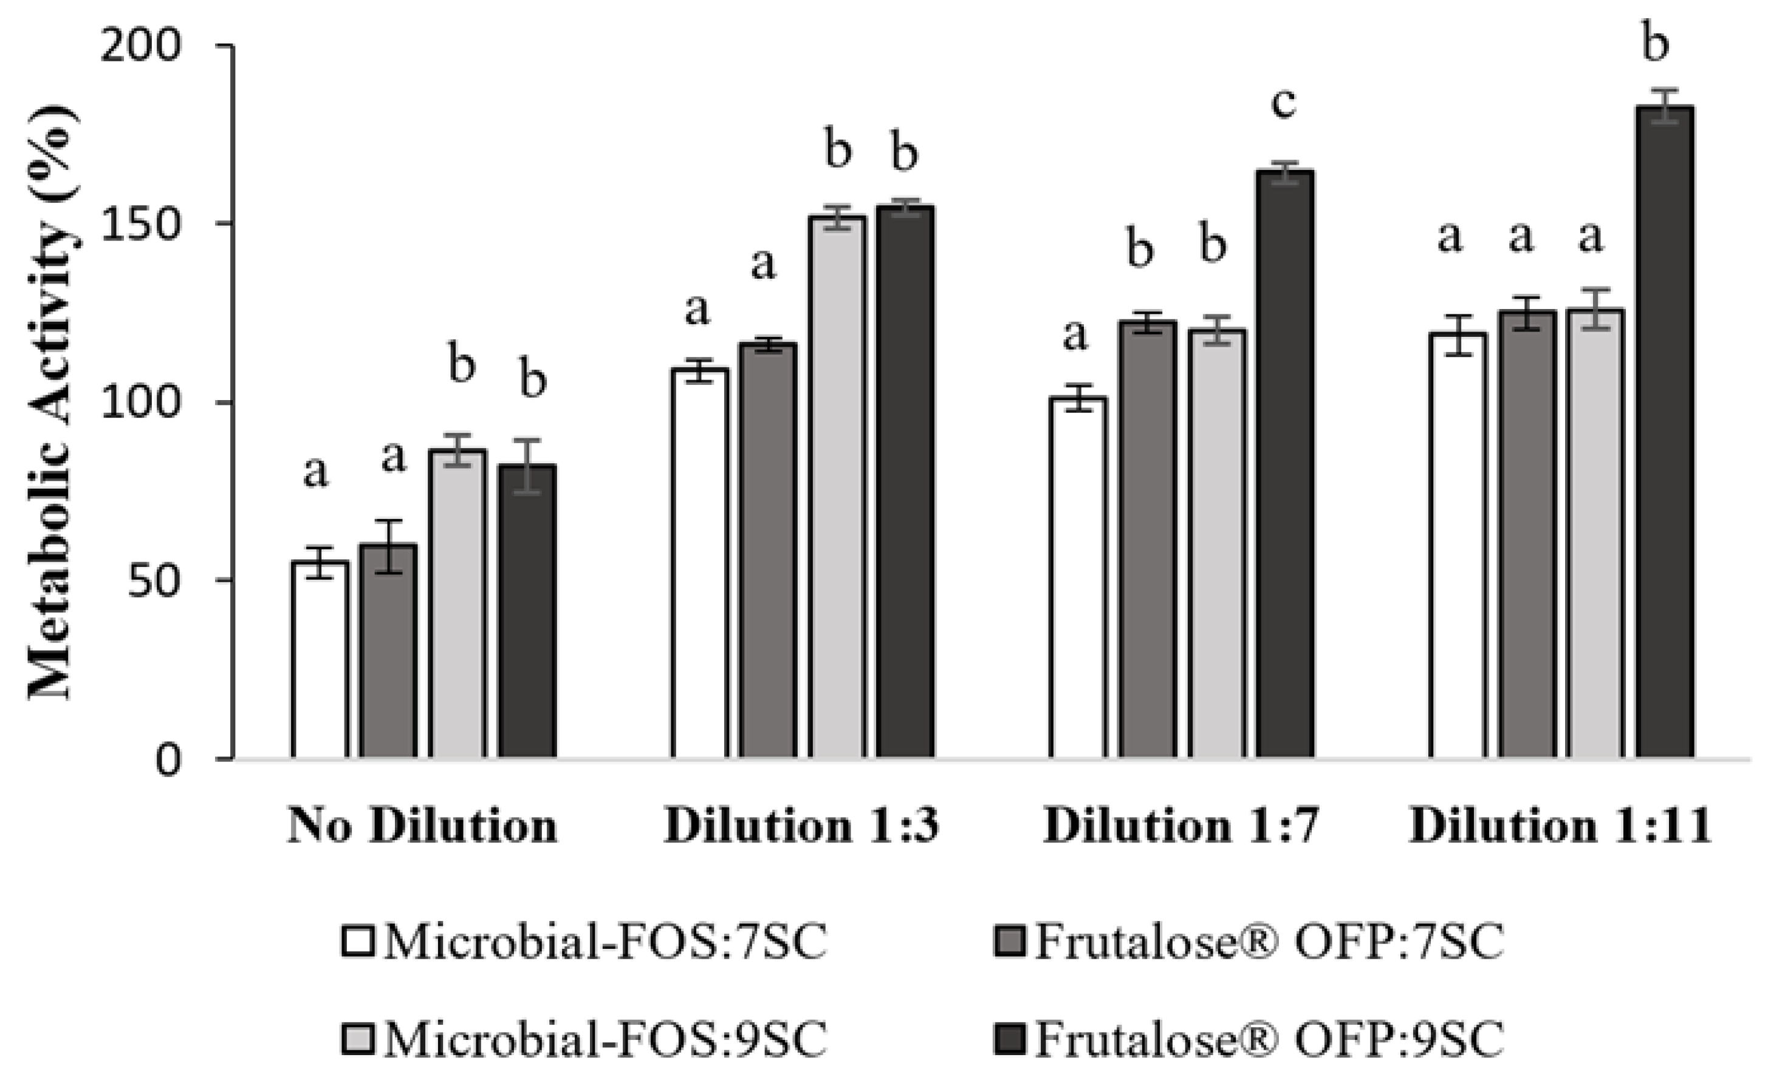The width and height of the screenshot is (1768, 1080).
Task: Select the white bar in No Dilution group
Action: [x=320, y=660]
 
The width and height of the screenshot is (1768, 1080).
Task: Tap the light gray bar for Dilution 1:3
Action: [x=837, y=487]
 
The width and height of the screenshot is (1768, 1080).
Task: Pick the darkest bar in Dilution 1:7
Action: [x=1285, y=466]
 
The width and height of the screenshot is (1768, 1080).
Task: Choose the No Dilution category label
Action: [x=423, y=827]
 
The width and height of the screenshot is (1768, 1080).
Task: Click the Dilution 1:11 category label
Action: [x=1561, y=827]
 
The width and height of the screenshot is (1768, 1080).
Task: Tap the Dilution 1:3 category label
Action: [x=801, y=827]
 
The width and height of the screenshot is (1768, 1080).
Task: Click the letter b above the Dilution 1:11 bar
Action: [x=1656, y=44]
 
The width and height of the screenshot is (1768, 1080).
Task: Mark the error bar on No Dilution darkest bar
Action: [x=527, y=466]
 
